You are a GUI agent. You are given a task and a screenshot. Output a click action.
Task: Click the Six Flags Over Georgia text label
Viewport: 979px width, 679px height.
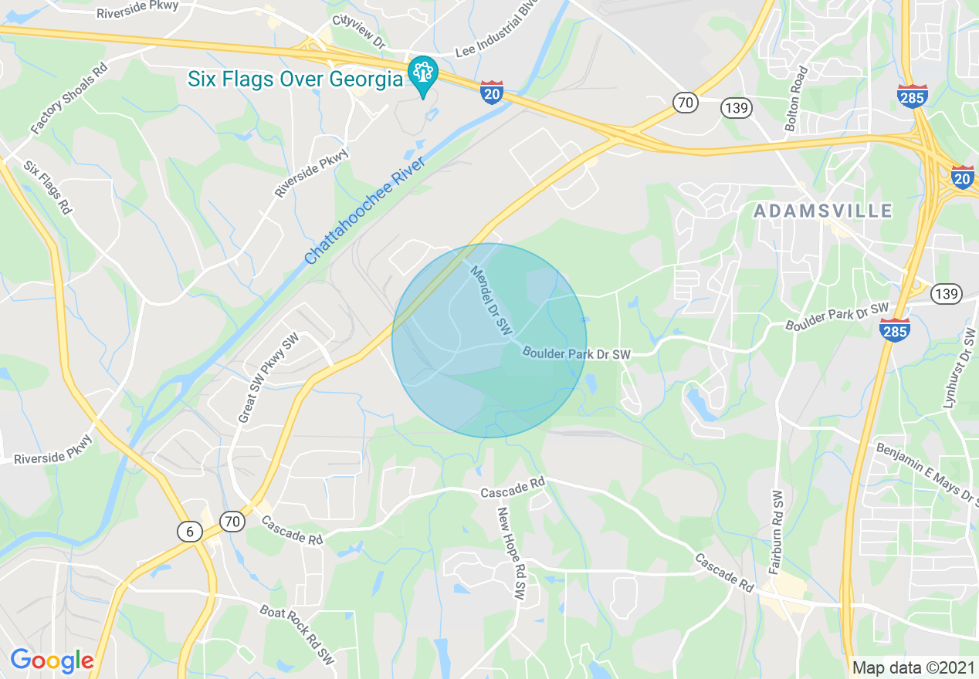coord(296,79)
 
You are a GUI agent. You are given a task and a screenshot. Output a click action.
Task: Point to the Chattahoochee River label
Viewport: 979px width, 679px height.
coord(365,211)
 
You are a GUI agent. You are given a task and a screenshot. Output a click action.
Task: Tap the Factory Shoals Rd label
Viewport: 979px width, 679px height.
coord(70,98)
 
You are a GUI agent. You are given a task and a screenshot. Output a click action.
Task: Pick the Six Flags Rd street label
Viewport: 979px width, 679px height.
coord(48,187)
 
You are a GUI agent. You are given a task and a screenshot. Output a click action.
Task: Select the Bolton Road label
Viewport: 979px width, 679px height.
coord(796,99)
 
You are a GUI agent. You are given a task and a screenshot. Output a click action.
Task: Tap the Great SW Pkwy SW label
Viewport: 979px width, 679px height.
coord(268,379)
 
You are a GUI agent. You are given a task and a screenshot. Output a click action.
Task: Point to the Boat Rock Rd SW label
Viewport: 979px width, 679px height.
coord(297,637)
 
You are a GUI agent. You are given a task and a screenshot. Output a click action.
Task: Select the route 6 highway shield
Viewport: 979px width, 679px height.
coord(189,531)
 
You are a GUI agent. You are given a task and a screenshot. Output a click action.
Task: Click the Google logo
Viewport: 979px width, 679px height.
coord(52,660)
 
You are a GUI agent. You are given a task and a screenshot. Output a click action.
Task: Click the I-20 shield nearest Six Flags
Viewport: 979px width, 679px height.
coord(492,92)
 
